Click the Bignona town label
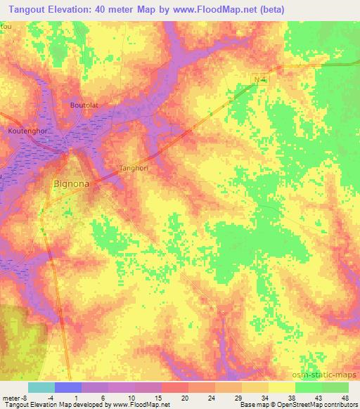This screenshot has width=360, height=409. (70, 185)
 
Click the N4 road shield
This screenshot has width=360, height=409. (260, 81)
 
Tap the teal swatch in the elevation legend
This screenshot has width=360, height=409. (41, 387)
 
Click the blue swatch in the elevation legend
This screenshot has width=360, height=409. (68, 387)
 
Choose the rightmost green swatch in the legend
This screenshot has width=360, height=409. (335, 387)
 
